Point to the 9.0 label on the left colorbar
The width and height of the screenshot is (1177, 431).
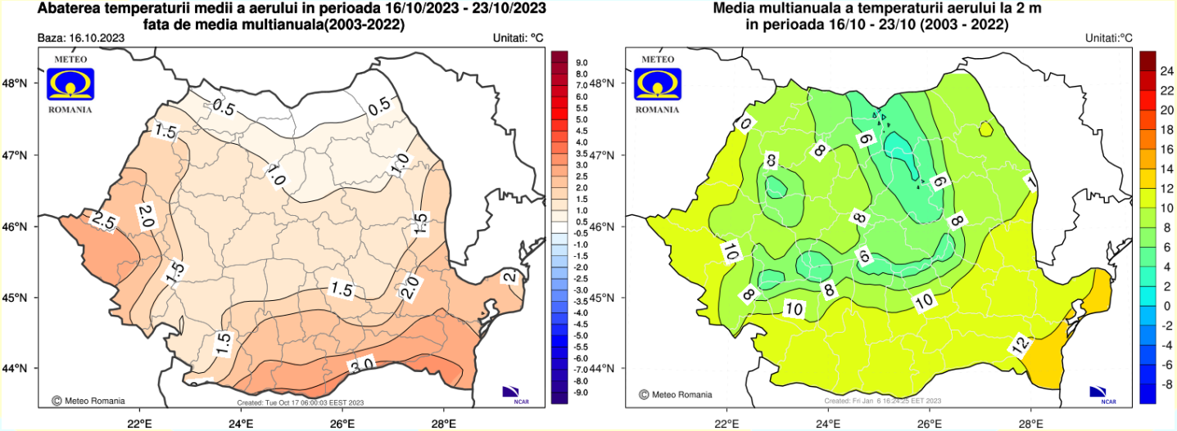pyautogui.click(x=581, y=62)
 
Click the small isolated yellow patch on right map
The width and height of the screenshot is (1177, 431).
pyautogui.click(x=985, y=128)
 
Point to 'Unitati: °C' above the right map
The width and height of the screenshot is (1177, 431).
pyautogui.click(x=1108, y=38)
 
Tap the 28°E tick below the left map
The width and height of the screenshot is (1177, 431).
pyautogui.click(x=444, y=422)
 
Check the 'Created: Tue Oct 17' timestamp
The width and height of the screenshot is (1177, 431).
pyautogui.click(x=300, y=402)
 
